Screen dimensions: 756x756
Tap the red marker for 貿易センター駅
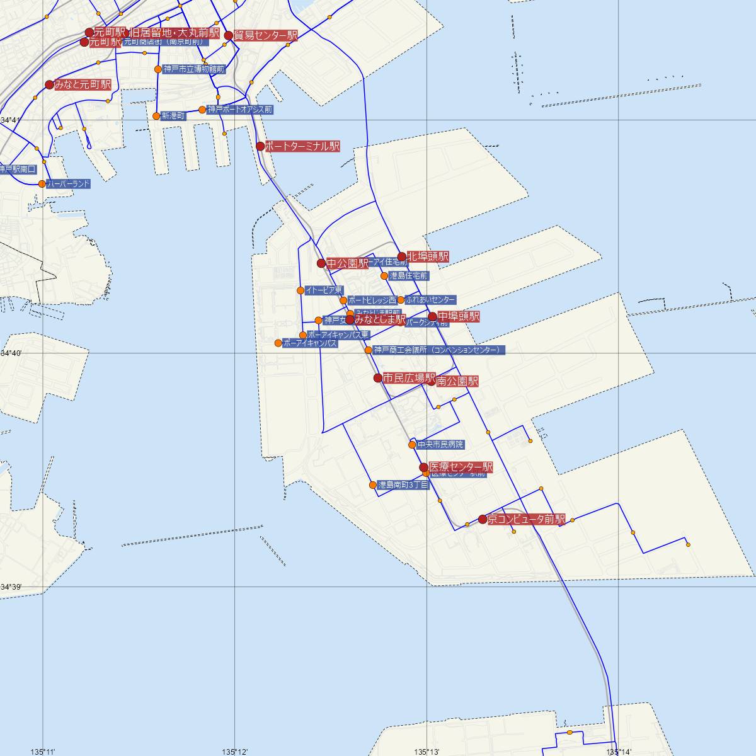[229, 36]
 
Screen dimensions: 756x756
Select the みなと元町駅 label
[83, 84]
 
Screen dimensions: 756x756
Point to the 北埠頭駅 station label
[428, 256]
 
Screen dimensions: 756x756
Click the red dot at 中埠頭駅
[432, 317]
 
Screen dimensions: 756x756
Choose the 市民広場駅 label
[409, 378]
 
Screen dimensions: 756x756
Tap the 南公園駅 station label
[457, 381]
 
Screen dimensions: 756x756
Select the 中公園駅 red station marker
[321, 263]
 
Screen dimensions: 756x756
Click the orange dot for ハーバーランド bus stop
[42, 184]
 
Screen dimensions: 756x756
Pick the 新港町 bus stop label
[173, 116]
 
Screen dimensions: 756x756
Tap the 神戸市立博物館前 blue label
[193, 69]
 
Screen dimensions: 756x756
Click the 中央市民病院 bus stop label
[440, 445]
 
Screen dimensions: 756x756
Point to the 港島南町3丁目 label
[403, 485]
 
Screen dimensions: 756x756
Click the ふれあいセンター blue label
[431, 300]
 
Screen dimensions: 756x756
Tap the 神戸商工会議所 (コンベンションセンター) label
[438, 350]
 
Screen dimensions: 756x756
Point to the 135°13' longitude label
[427, 752]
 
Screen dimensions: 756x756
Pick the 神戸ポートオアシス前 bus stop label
[240, 110]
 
